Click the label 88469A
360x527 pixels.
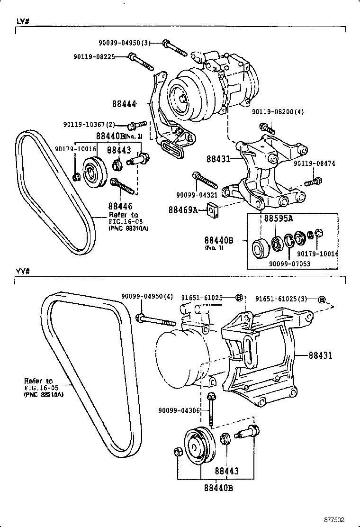coord(183,209)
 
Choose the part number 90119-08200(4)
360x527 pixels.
coord(277,112)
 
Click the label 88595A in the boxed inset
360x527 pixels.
coord(278,218)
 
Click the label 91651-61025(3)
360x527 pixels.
coord(281,299)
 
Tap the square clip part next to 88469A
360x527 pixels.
coord(214,209)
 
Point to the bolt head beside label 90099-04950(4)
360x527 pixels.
coord(140,317)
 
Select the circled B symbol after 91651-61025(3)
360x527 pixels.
coord(322,299)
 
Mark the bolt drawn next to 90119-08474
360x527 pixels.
coord(314,182)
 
